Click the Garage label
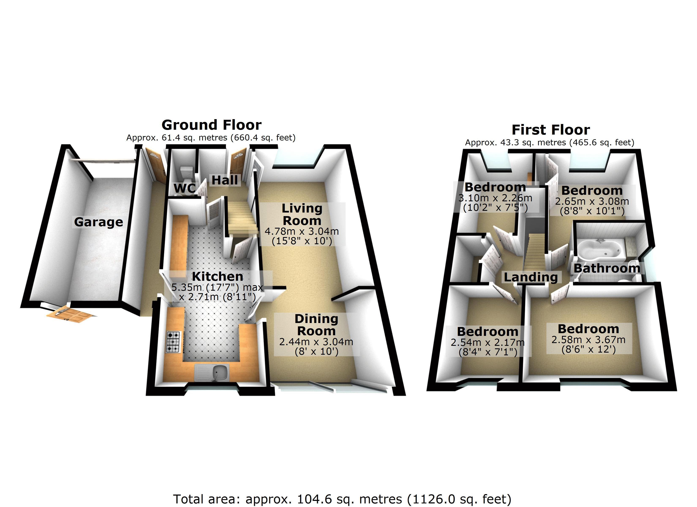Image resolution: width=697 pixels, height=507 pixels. pos(98,222)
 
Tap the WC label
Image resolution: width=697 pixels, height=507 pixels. pos(184,188)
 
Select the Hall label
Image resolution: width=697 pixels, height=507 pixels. pos(225,180)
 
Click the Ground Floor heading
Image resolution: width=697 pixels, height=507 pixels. pos(211,125)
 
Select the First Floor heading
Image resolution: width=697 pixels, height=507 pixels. pos(551,130)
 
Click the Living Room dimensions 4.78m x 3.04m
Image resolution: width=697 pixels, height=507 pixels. pos(302,231)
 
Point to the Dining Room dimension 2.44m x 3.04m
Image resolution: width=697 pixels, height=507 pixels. pos(316,342)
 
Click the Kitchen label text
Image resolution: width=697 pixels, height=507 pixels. pos(218,276)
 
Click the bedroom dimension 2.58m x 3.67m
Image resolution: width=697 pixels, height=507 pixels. pos(588,339)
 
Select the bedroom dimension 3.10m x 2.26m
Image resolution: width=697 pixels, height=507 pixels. pos(495,198)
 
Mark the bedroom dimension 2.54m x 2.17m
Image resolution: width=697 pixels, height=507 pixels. pos(487,342)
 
